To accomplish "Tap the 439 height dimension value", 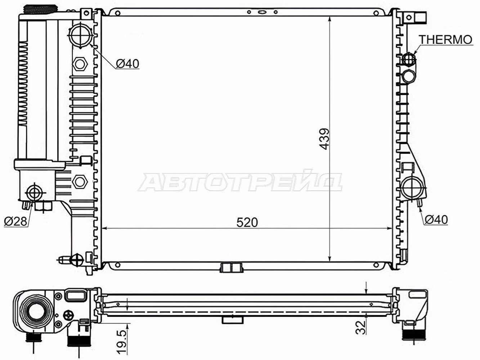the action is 324,139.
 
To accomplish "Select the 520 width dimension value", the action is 247,222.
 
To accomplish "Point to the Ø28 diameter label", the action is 15,221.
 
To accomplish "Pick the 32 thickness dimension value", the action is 360,327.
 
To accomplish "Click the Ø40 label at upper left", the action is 127,64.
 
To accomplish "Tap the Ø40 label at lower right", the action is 436,220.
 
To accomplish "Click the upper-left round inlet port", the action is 80,35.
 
